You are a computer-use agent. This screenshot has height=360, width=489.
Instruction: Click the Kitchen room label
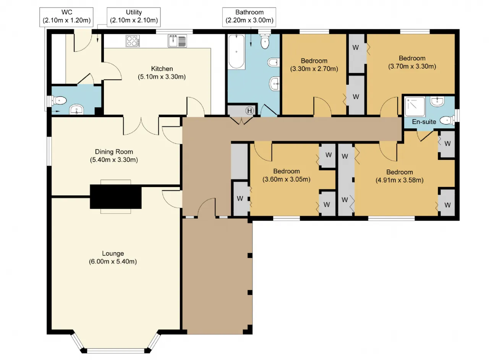click(162, 69)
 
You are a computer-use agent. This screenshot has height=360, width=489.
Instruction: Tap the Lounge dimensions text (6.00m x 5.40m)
click(113, 262)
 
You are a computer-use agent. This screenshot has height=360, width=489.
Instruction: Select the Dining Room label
click(114, 152)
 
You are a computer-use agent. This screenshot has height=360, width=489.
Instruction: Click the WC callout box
click(66, 17)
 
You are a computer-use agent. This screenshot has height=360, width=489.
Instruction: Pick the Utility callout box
click(134, 17)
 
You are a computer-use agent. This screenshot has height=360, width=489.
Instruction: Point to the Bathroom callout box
click(249, 17)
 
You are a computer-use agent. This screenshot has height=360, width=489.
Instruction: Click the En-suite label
click(424, 122)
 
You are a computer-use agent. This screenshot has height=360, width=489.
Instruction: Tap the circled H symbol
click(249, 111)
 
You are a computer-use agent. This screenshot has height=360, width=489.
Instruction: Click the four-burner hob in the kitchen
click(133, 41)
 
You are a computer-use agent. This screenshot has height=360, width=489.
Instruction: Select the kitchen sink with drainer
click(177, 41)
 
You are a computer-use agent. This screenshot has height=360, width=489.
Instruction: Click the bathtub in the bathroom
click(236, 52)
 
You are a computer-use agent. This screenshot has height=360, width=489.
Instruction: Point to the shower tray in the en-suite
click(415, 107)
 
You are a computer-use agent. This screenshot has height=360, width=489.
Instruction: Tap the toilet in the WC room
click(59, 101)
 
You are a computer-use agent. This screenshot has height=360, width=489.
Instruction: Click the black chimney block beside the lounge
click(116, 197)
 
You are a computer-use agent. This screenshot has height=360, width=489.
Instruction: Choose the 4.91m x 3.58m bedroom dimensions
click(400, 180)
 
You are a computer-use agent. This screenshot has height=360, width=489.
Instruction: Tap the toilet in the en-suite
click(447, 120)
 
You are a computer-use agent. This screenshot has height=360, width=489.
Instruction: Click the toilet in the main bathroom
click(265, 42)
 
